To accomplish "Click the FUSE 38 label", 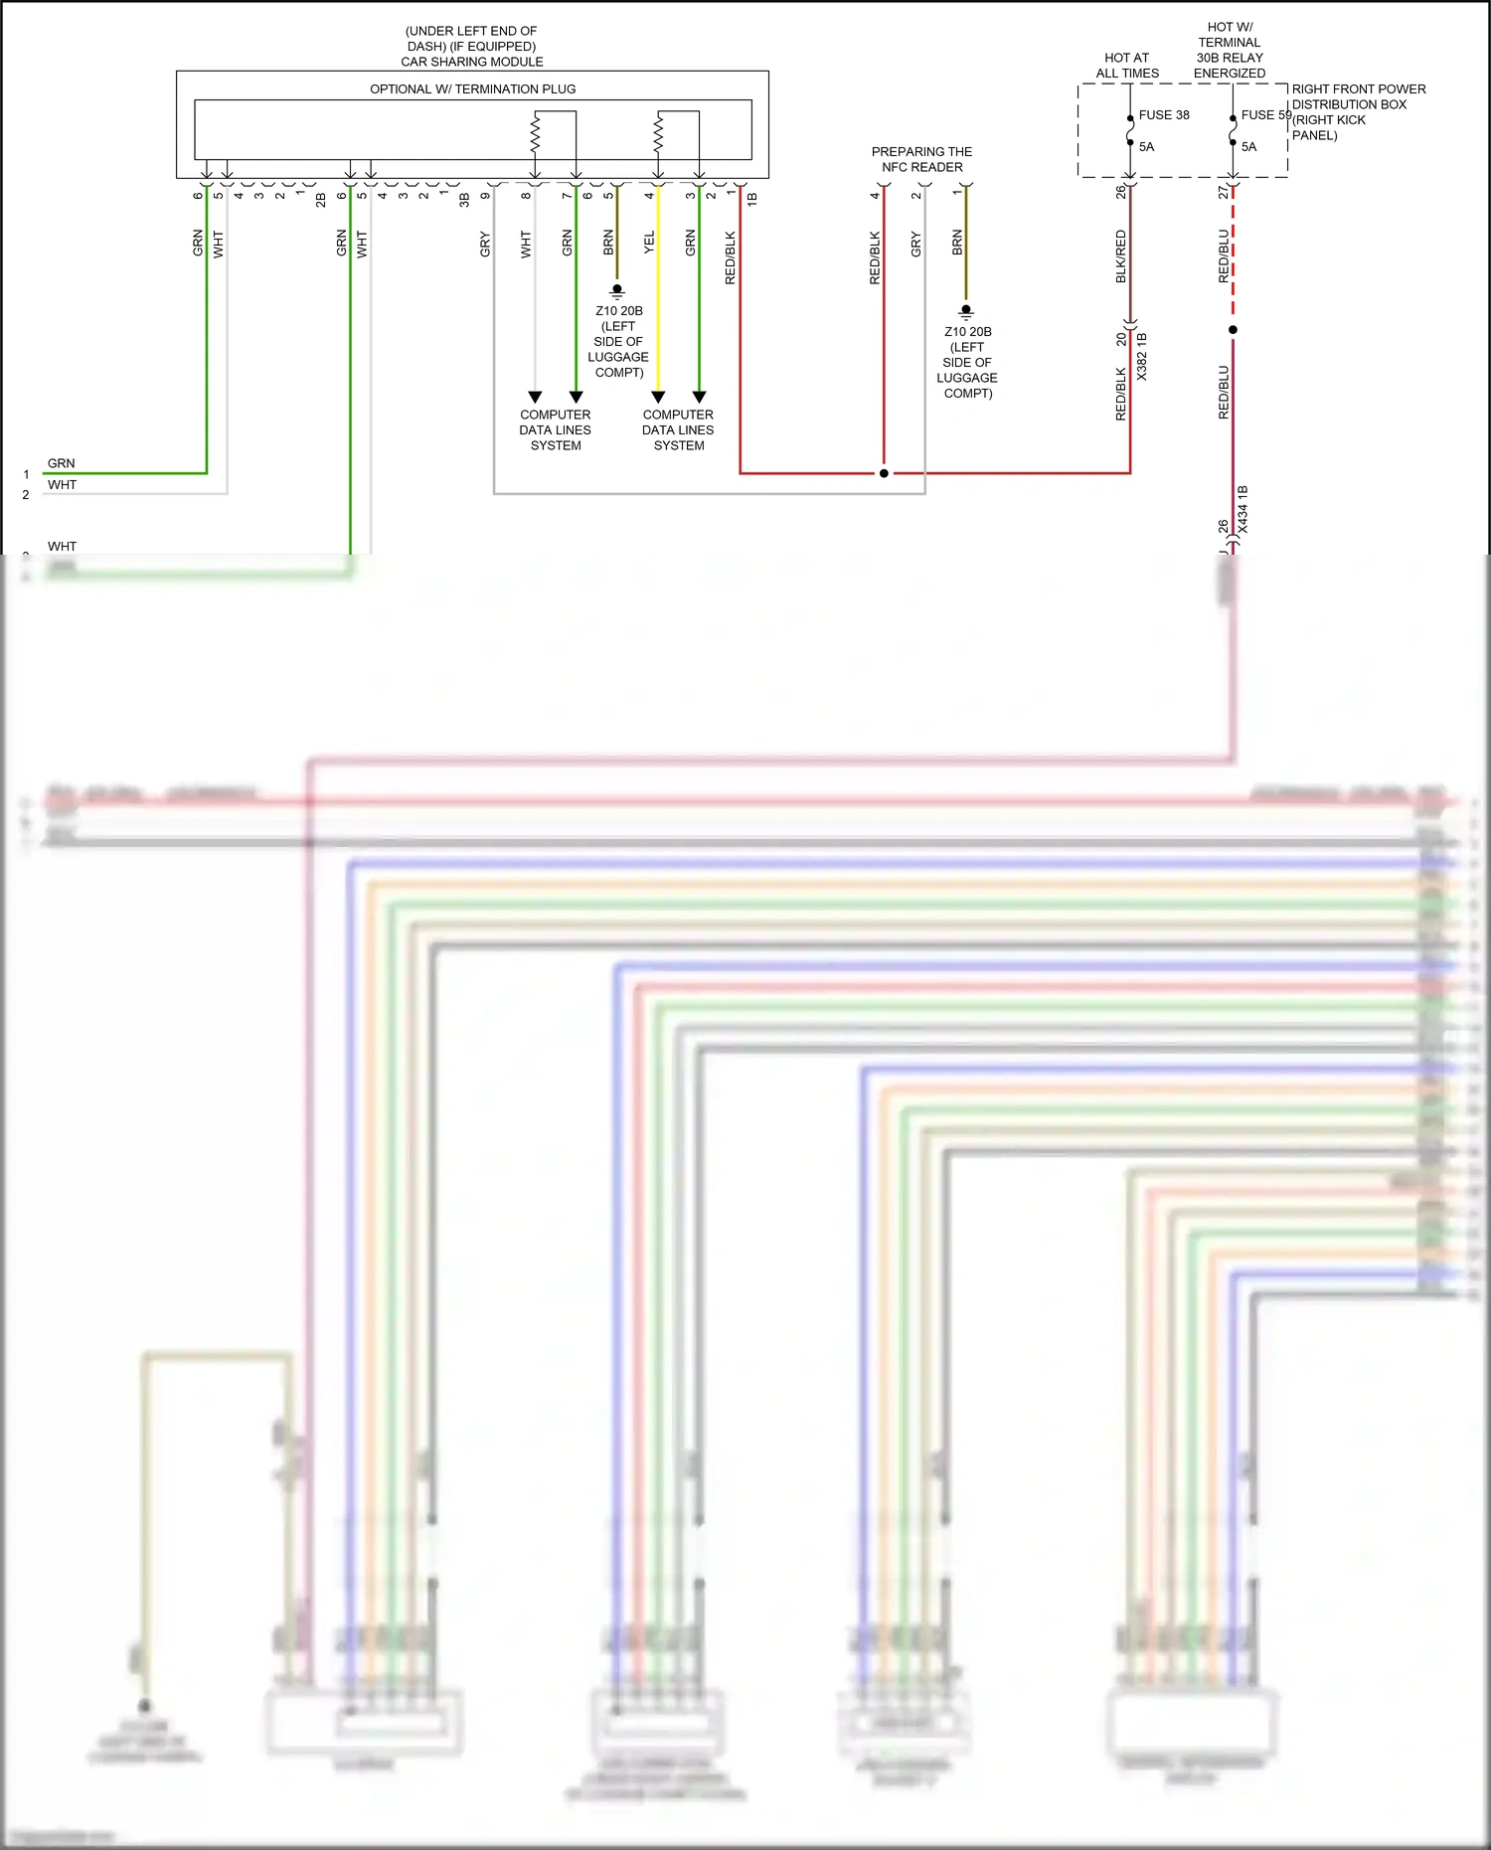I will (x=1163, y=115).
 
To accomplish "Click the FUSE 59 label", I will (x=1264, y=115).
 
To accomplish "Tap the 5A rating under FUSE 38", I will (x=1146, y=147).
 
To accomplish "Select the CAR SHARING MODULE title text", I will (x=471, y=62).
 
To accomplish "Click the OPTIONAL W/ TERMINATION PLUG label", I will (x=472, y=89).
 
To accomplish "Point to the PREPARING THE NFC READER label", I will (x=921, y=160).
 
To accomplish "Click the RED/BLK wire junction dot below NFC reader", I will (x=884, y=473).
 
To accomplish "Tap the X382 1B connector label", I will (x=1141, y=357).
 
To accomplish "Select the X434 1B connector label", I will (x=1242, y=509).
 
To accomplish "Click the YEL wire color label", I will (x=649, y=243).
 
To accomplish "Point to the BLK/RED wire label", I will (x=1120, y=256).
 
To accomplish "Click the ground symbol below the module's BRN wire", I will (x=617, y=291).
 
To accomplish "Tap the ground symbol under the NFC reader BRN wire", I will (x=966, y=312).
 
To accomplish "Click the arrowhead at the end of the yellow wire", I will (x=658, y=397).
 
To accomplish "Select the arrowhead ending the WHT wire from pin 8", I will (x=535, y=397).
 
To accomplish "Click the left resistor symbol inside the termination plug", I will (x=535, y=133).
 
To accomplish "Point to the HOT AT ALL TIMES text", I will (x=1127, y=66).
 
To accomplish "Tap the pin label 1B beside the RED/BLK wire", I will (x=751, y=199).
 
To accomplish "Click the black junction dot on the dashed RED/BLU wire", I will (x=1233, y=329).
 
